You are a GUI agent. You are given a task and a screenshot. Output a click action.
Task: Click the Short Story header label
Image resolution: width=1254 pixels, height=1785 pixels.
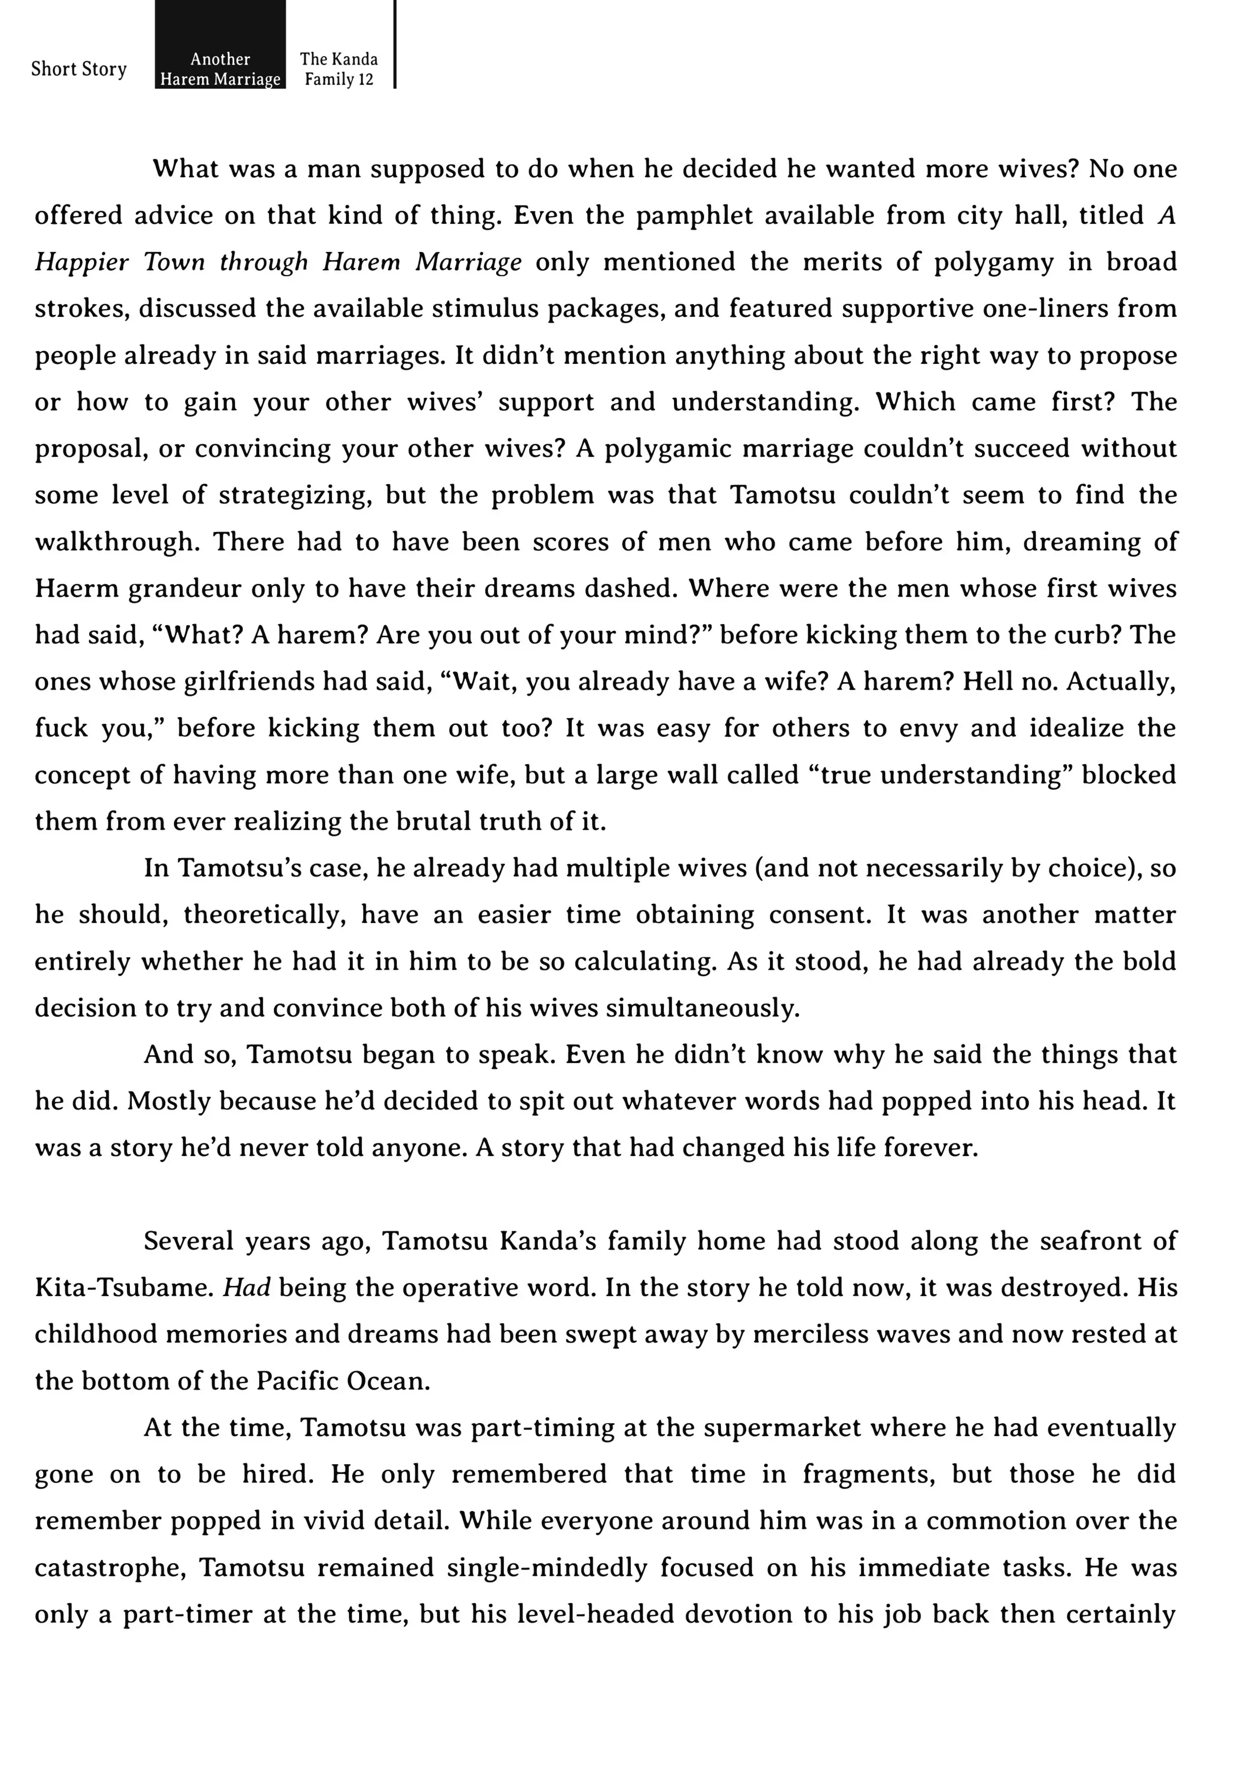[x=78, y=69]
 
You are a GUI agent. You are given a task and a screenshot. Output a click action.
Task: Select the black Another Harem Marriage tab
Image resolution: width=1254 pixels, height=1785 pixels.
[x=220, y=69]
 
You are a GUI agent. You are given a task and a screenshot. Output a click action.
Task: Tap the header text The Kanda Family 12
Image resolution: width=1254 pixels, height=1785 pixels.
[x=339, y=69]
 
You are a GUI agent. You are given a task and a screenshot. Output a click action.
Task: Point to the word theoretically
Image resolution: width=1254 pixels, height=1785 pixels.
[x=265, y=915]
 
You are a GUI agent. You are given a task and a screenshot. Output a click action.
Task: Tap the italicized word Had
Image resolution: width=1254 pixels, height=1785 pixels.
[x=246, y=1288]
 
